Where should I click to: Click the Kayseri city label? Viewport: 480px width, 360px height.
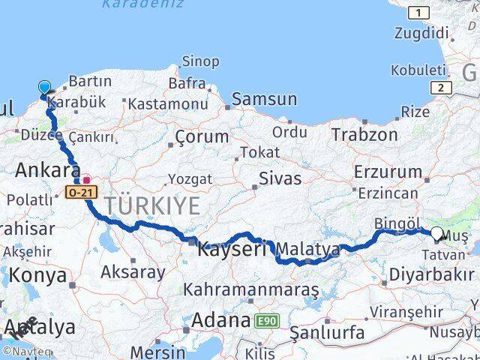pyautogui.click(x=232, y=249)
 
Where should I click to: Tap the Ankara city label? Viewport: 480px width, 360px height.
pyautogui.click(x=47, y=169)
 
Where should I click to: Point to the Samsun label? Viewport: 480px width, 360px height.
pyautogui.click(x=264, y=99)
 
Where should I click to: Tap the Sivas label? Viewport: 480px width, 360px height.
pyautogui.click(x=280, y=178)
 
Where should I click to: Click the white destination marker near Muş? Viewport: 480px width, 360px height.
pyautogui.click(x=436, y=233)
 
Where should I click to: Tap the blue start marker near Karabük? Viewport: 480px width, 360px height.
pyautogui.click(x=44, y=88)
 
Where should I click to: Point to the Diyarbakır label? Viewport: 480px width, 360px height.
pyautogui.click(x=431, y=275)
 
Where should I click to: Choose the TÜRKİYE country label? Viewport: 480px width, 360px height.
pyautogui.click(x=152, y=205)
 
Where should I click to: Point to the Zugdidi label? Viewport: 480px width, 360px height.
pyautogui.click(x=421, y=33)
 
